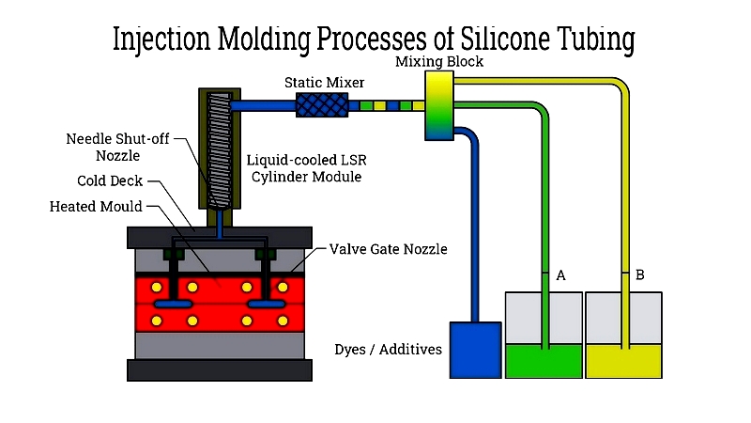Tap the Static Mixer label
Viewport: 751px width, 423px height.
point(324,83)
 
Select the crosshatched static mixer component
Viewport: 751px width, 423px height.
point(322,105)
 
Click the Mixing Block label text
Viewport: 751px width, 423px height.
point(439,61)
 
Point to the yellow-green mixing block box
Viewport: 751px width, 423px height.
point(439,105)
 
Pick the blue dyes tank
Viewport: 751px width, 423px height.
point(476,350)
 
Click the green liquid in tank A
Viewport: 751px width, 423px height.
point(544,361)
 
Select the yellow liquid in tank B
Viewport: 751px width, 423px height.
point(623,361)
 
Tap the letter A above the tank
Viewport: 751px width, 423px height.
point(560,275)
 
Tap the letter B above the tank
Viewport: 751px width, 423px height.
point(639,274)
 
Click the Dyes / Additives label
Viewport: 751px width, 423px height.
point(388,349)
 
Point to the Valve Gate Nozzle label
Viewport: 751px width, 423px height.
point(388,249)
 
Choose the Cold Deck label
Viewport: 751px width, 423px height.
point(110,180)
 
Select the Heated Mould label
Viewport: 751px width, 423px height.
point(96,207)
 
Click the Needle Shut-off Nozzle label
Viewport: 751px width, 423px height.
point(117,148)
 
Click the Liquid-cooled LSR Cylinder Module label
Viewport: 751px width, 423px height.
point(307,168)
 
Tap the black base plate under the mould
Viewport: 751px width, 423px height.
point(220,370)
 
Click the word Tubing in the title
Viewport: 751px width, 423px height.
point(596,39)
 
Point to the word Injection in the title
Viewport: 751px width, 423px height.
point(161,39)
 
